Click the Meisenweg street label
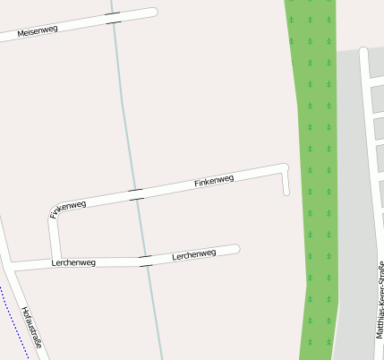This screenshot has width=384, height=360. coord(38,30)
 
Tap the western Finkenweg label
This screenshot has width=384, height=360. coord(69,210)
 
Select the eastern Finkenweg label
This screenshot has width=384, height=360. coord(214,182)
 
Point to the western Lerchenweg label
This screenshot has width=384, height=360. coord(73,262)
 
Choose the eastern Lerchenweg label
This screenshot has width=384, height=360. coord(193,254)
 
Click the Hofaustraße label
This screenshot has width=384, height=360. coord(32,328)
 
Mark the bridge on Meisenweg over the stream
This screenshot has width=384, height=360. coord(113,18)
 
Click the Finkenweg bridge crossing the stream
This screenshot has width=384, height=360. coord(136,193)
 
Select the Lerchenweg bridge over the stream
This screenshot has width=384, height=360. coord(146,261)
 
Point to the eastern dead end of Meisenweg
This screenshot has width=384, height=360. coord(153,13)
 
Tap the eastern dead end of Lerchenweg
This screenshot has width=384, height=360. coord(236,249)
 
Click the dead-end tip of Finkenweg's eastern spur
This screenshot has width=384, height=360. coord(286,192)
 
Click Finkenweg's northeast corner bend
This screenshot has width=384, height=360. coord(285,167)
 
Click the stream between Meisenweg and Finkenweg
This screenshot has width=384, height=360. coord(124,107)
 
